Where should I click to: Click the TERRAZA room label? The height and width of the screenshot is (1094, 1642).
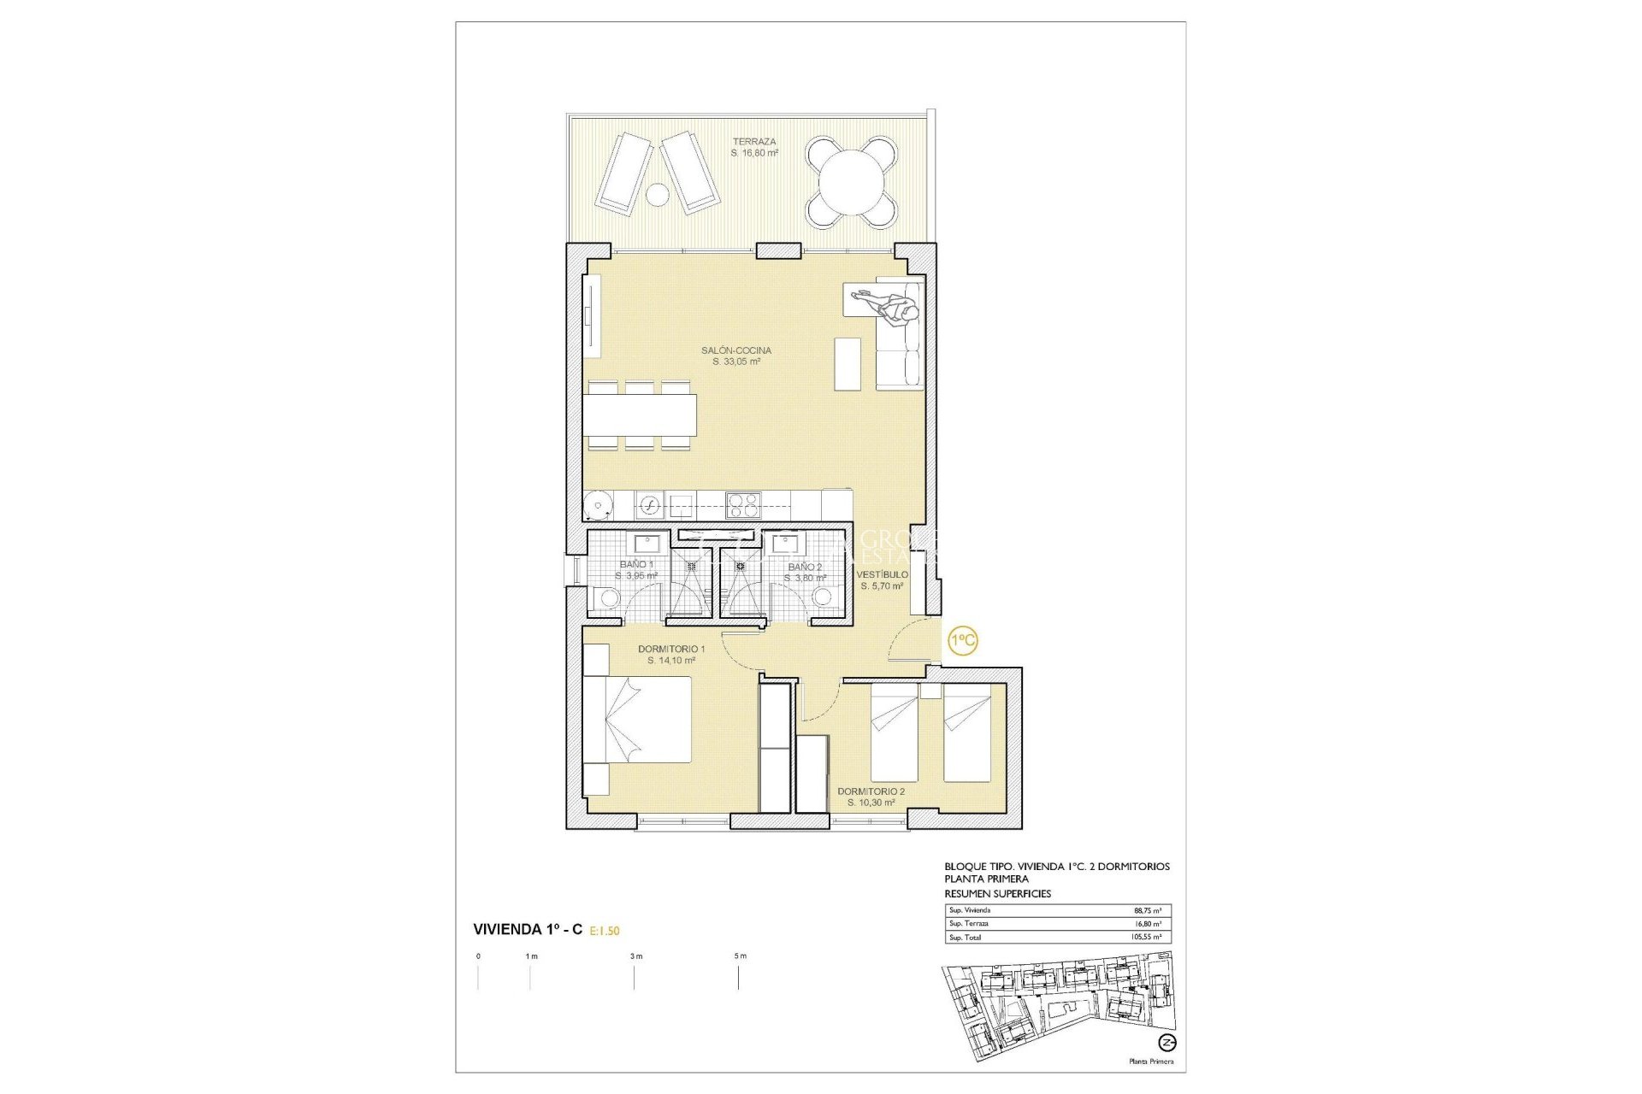pyautogui.click(x=753, y=142)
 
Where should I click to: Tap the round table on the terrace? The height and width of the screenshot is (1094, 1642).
pyautogui.click(x=852, y=182)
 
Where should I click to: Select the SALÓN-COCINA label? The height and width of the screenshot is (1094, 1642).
pyautogui.click(x=735, y=350)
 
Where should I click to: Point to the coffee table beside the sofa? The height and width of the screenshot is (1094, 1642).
pyautogui.click(x=847, y=364)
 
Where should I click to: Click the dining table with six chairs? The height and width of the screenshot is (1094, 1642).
pyautogui.click(x=641, y=415)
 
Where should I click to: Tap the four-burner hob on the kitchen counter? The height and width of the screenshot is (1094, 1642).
pyautogui.click(x=742, y=504)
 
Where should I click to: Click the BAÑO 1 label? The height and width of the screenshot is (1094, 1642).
pyautogui.click(x=636, y=565)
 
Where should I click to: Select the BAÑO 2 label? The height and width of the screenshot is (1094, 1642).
pyautogui.click(x=805, y=567)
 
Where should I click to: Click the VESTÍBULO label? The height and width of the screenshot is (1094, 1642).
pyautogui.click(x=882, y=574)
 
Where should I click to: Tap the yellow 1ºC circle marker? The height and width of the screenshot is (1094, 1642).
pyautogui.click(x=963, y=640)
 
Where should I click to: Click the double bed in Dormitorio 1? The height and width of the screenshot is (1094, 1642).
pyautogui.click(x=638, y=719)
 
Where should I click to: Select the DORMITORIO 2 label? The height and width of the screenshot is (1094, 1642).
pyautogui.click(x=871, y=791)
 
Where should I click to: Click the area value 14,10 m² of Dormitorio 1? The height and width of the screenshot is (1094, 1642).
pyautogui.click(x=671, y=661)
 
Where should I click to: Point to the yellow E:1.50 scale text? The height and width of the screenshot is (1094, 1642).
pyautogui.click(x=605, y=931)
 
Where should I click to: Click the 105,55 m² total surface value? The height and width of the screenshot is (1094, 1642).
pyautogui.click(x=1145, y=938)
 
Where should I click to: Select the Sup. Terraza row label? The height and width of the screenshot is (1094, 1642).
pyautogui.click(x=968, y=924)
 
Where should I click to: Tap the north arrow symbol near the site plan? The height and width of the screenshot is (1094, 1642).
pyautogui.click(x=1167, y=1043)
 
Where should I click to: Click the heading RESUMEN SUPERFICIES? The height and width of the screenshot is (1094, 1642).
pyautogui.click(x=997, y=893)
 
